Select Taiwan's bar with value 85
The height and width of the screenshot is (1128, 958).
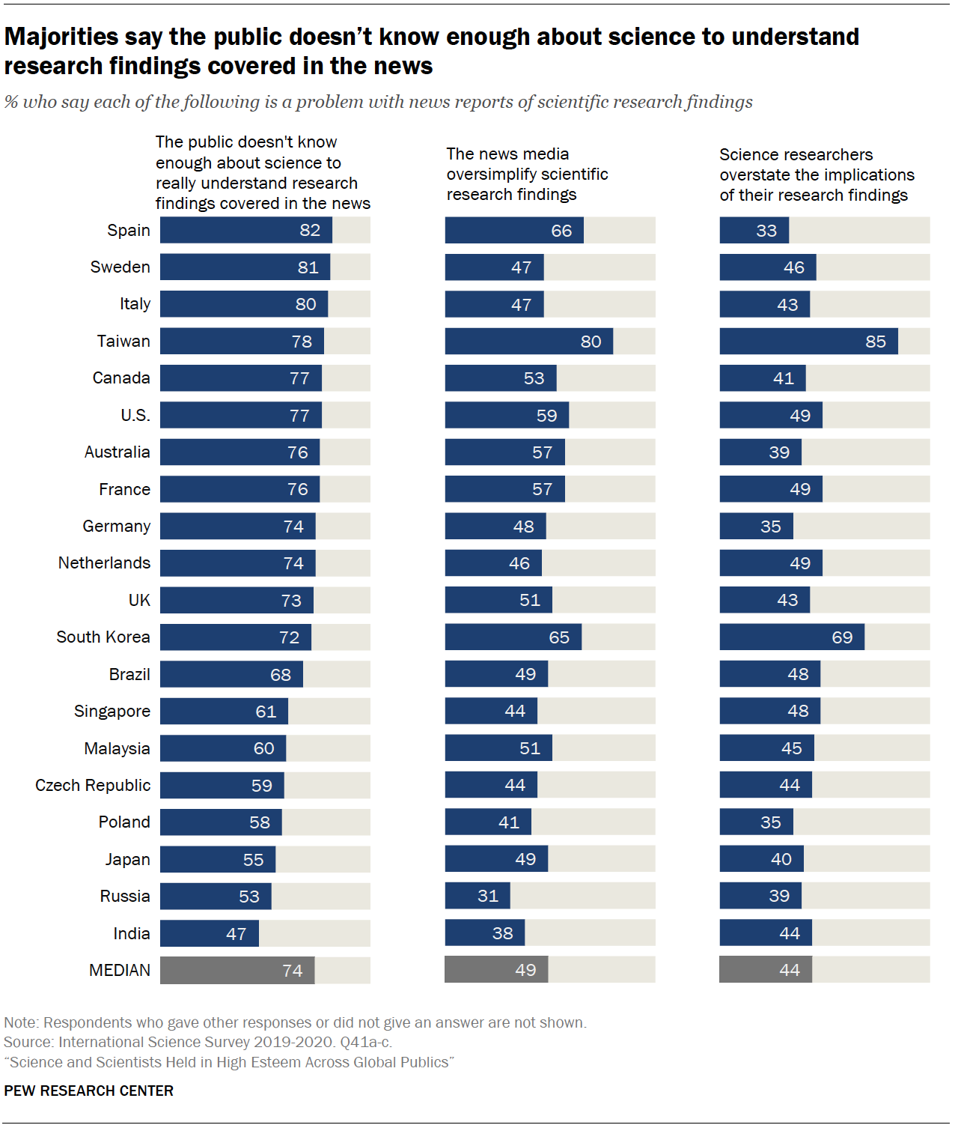coord(808,342)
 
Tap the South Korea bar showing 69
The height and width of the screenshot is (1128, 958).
coord(791,637)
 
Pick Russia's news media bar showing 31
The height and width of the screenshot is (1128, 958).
coord(477,896)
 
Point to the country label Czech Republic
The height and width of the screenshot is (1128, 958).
coord(93,785)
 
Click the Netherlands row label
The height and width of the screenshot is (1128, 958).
coord(104,563)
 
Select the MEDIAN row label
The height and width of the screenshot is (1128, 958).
coord(120,970)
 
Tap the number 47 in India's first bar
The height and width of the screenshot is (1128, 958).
coord(236,934)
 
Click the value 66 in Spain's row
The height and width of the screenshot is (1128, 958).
coord(561,231)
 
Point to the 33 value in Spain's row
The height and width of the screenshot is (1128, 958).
coord(766,231)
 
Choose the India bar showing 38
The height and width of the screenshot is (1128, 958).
coord(484,933)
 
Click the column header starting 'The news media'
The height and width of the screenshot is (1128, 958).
coord(527,174)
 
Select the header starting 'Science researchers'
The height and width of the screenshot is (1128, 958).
coord(816,175)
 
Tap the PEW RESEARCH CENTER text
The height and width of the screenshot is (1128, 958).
coord(88,1091)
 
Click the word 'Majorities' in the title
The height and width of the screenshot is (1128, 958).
coord(61,37)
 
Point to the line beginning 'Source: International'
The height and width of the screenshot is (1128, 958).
coord(198,1042)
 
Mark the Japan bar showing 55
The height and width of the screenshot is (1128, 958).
coord(217,859)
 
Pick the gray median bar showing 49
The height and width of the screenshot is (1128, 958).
coord(495,970)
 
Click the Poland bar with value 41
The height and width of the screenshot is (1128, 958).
coord(487,822)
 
